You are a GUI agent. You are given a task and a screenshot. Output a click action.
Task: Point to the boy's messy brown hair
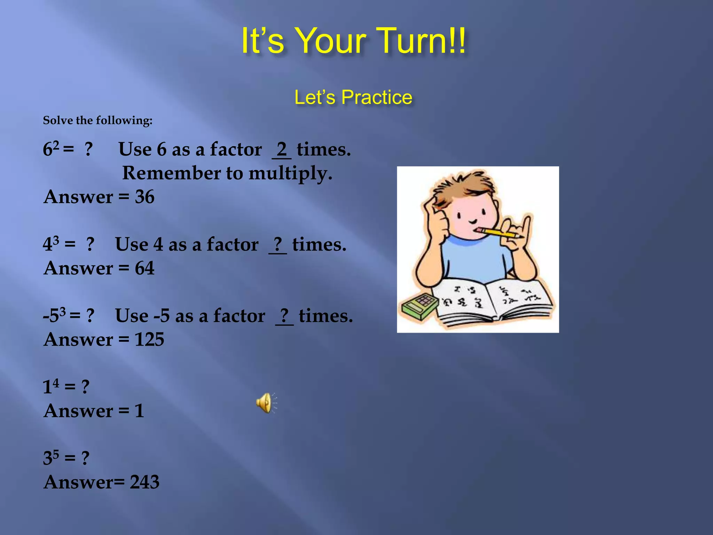tap(463, 188)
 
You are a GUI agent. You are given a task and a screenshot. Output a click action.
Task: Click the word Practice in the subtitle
tap(377, 97)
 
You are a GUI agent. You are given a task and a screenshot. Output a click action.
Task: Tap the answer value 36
tap(144, 197)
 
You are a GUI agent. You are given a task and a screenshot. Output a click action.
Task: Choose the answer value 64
tap(144, 268)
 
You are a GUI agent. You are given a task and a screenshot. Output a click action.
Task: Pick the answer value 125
tap(149, 340)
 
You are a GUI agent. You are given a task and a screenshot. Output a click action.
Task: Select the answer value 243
tap(144, 482)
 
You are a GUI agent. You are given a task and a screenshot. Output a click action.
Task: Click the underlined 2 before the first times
tap(281, 150)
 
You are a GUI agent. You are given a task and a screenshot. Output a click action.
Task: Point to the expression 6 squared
tap(51, 149)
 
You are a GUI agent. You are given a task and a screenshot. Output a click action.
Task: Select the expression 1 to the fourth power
tap(51, 386)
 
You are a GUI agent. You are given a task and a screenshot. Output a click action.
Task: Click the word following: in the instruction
tap(124, 121)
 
